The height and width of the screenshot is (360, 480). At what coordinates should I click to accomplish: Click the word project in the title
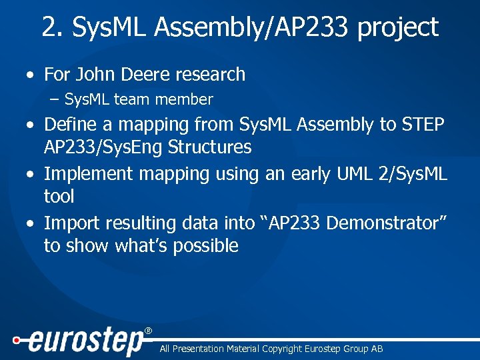398,28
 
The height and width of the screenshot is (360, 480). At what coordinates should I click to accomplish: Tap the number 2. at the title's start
53,27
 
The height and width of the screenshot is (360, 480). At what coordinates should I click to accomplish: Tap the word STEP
425,124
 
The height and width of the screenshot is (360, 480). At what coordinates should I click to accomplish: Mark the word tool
59,197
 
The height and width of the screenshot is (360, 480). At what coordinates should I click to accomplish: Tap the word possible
205,246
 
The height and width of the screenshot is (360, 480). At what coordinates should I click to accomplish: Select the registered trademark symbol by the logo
148,331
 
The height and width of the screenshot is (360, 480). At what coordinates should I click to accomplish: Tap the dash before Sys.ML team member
54,100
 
